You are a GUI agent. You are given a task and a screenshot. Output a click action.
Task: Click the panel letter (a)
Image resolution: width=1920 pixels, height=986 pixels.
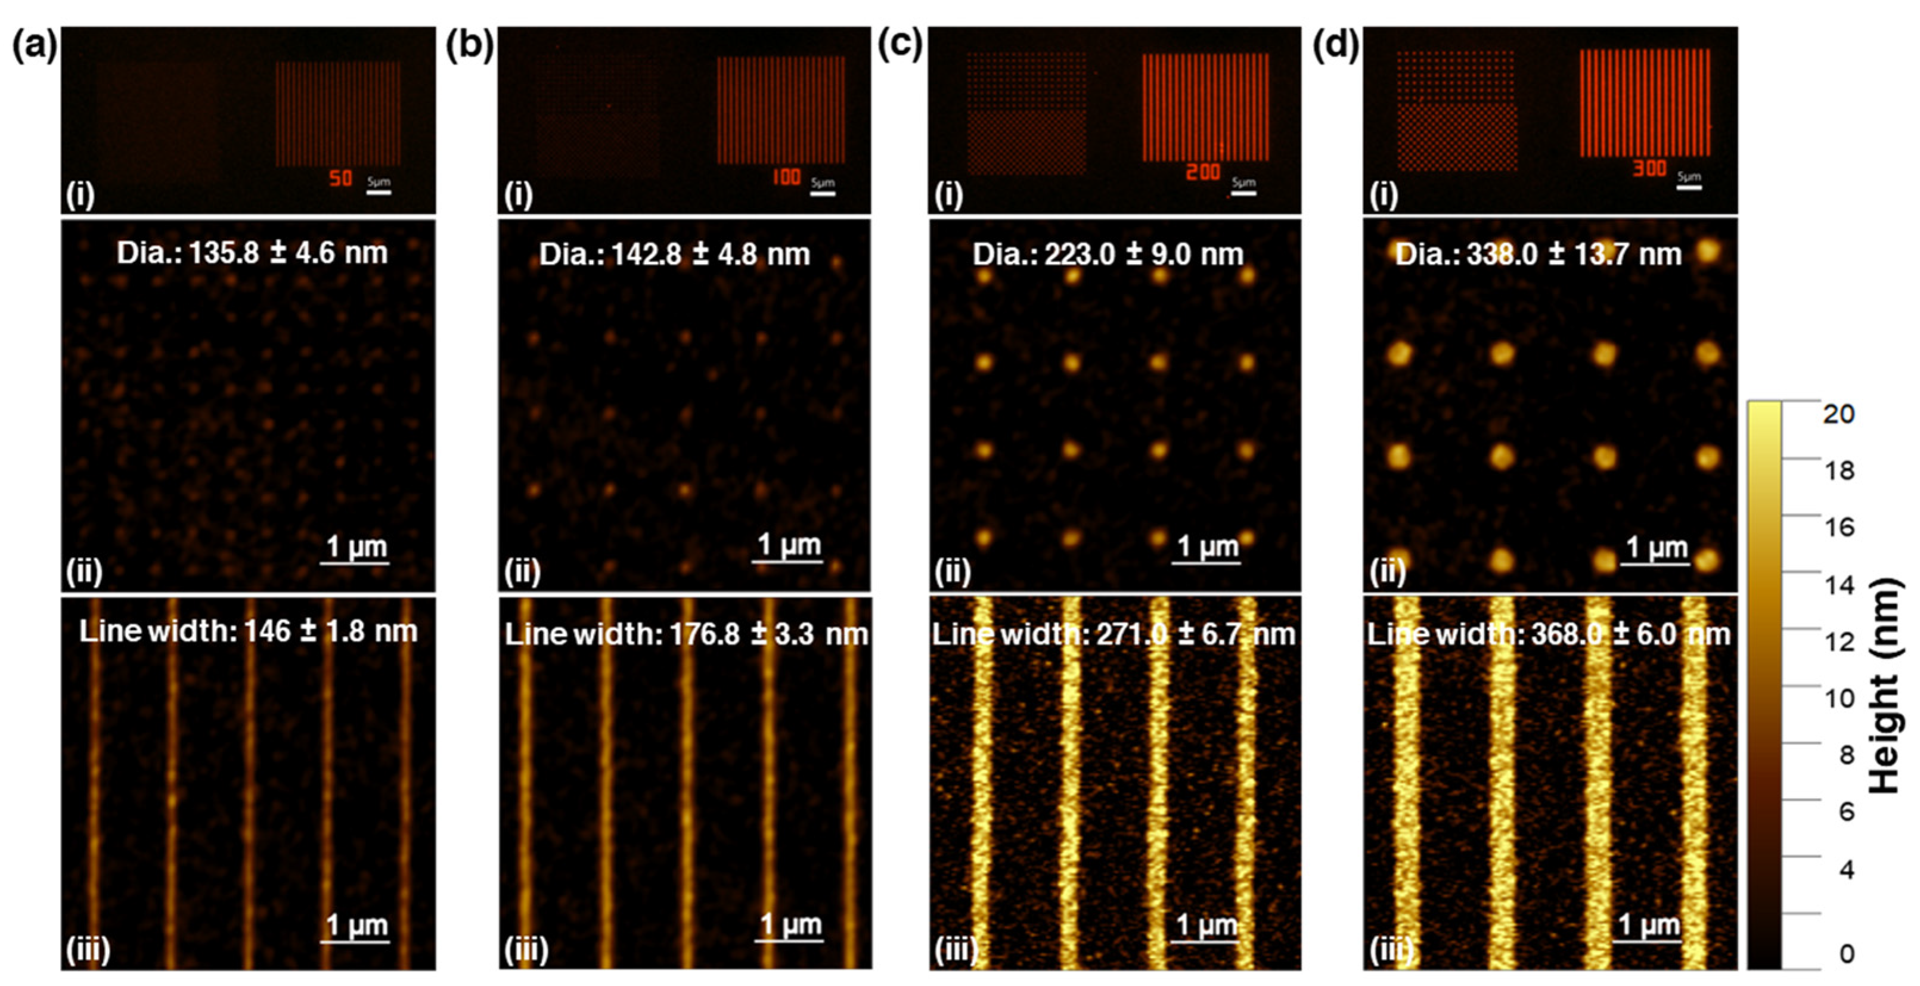pyautogui.click(x=33, y=46)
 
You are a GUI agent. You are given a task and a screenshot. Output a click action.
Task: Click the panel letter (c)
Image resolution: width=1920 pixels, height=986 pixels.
pyautogui.click(x=899, y=46)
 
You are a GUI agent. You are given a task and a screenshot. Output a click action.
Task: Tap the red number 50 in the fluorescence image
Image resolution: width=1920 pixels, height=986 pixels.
pyautogui.click(x=340, y=178)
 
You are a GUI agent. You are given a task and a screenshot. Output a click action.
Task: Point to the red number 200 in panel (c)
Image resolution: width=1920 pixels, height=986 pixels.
pyautogui.click(x=1203, y=172)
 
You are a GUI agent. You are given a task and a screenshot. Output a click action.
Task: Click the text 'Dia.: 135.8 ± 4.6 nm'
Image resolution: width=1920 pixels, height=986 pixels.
pyautogui.click(x=252, y=253)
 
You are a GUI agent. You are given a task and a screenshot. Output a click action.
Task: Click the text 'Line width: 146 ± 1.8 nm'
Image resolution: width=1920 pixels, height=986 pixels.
pyautogui.click(x=248, y=632)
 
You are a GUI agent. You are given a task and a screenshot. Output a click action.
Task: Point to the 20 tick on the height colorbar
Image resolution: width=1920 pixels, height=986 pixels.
pyautogui.click(x=1838, y=414)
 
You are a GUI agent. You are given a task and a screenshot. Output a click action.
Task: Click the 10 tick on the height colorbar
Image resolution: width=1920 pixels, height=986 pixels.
pyautogui.click(x=1838, y=698)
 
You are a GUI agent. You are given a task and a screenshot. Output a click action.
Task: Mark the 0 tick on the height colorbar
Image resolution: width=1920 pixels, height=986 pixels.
pyautogui.click(x=1845, y=954)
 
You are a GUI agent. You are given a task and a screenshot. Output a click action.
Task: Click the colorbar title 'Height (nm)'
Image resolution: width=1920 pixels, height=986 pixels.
pyautogui.click(x=1885, y=686)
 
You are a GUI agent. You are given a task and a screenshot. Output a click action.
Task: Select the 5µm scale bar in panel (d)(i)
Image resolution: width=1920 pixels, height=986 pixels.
pyautogui.click(x=1689, y=187)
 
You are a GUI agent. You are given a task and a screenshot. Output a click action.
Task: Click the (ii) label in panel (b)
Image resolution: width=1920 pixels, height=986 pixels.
pyautogui.click(x=522, y=572)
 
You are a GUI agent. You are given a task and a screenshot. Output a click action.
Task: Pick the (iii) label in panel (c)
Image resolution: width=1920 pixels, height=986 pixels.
pyautogui.click(x=956, y=950)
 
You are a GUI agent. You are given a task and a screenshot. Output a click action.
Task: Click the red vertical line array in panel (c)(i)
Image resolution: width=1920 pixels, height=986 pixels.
pyautogui.click(x=1205, y=107)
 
